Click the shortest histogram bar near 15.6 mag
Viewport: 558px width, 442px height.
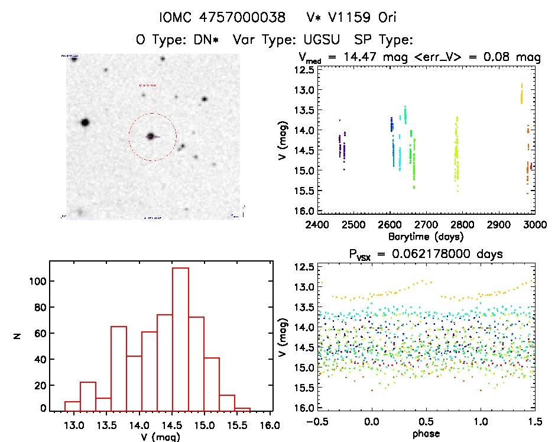point(242,409)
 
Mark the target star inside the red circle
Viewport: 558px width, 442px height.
point(151,137)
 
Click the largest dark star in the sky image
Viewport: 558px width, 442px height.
point(85,122)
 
